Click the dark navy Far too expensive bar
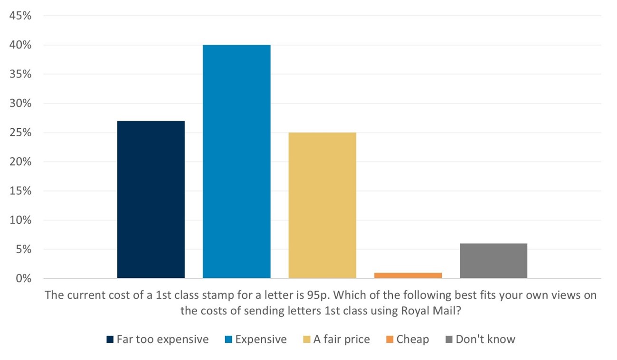coord(151,199)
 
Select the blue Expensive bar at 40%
coord(237,161)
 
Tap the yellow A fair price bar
coord(322,205)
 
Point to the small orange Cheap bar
coord(408,275)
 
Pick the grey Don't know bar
coord(494,261)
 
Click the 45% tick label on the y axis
coord(19,16)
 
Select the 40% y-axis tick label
coord(19,45)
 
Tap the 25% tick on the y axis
coord(19,133)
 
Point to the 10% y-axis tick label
coord(19,220)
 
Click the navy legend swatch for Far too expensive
coord(110,340)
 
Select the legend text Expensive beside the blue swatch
coord(261,340)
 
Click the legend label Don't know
coord(485,340)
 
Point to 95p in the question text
coord(313,295)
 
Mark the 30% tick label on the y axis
coord(19,104)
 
